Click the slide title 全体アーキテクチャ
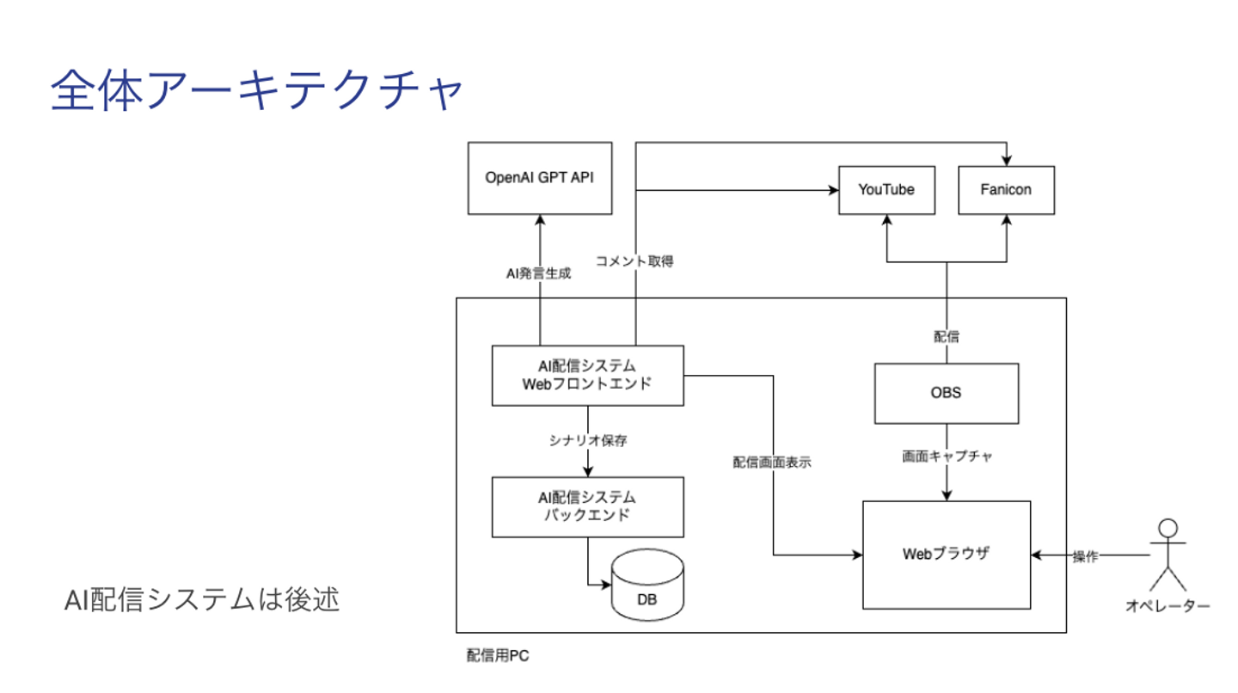click(x=256, y=92)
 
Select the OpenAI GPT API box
click(x=539, y=178)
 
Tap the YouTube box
click(x=886, y=190)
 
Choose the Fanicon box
click(x=1006, y=190)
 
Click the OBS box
click(x=946, y=393)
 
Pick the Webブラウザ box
click(x=946, y=555)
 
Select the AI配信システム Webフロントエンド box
click(x=587, y=375)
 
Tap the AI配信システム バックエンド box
click(x=587, y=506)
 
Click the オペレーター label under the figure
click(x=1168, y=606)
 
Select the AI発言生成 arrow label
click(x=538, y=273)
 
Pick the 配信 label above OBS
click(x=946, y=337)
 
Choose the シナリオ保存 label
click(x=588, y=441)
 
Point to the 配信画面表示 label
click(x=772, y=462)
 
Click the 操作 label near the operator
click(x=1085, y=556)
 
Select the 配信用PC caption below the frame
click(x=498, y=656)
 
